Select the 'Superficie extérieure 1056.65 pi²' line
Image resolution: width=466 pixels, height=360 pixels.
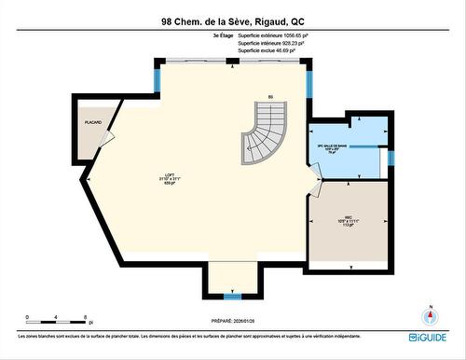274,35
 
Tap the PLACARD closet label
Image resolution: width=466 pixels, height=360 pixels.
92,121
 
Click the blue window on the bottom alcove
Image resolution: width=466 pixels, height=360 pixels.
232,296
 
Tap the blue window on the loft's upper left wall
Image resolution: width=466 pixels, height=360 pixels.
158,79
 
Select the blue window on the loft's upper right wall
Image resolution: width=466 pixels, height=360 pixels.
309,79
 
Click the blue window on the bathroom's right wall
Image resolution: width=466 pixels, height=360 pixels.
392,159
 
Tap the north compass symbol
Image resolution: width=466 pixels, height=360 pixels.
430,315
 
